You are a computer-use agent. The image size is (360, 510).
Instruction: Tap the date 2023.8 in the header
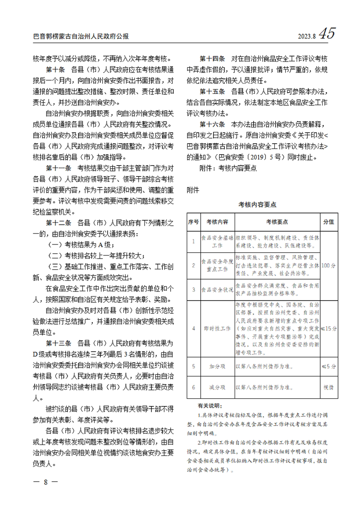pyautogui.click(x=306, y=36)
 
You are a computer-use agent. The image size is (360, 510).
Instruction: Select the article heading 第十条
pyautogui.click(x=57, y=71)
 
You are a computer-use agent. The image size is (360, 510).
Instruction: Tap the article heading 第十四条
pyautogui.click(x=213, y=59)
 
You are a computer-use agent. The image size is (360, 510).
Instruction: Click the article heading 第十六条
pyautogui.click(x=213, y=125)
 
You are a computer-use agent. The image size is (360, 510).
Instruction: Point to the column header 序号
pyautogui.click(x=193, y=222)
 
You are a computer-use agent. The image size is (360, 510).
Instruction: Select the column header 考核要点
pyautogui.click(x=277, y=222)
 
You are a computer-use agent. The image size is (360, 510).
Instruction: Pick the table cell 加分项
pyautogui.click(x=217, y=366)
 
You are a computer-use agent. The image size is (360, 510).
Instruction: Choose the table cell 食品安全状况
pyautogui.click(x=217, y=289)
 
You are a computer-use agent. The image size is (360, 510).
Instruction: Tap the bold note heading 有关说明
pyautogui.click(x=209, y=405)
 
